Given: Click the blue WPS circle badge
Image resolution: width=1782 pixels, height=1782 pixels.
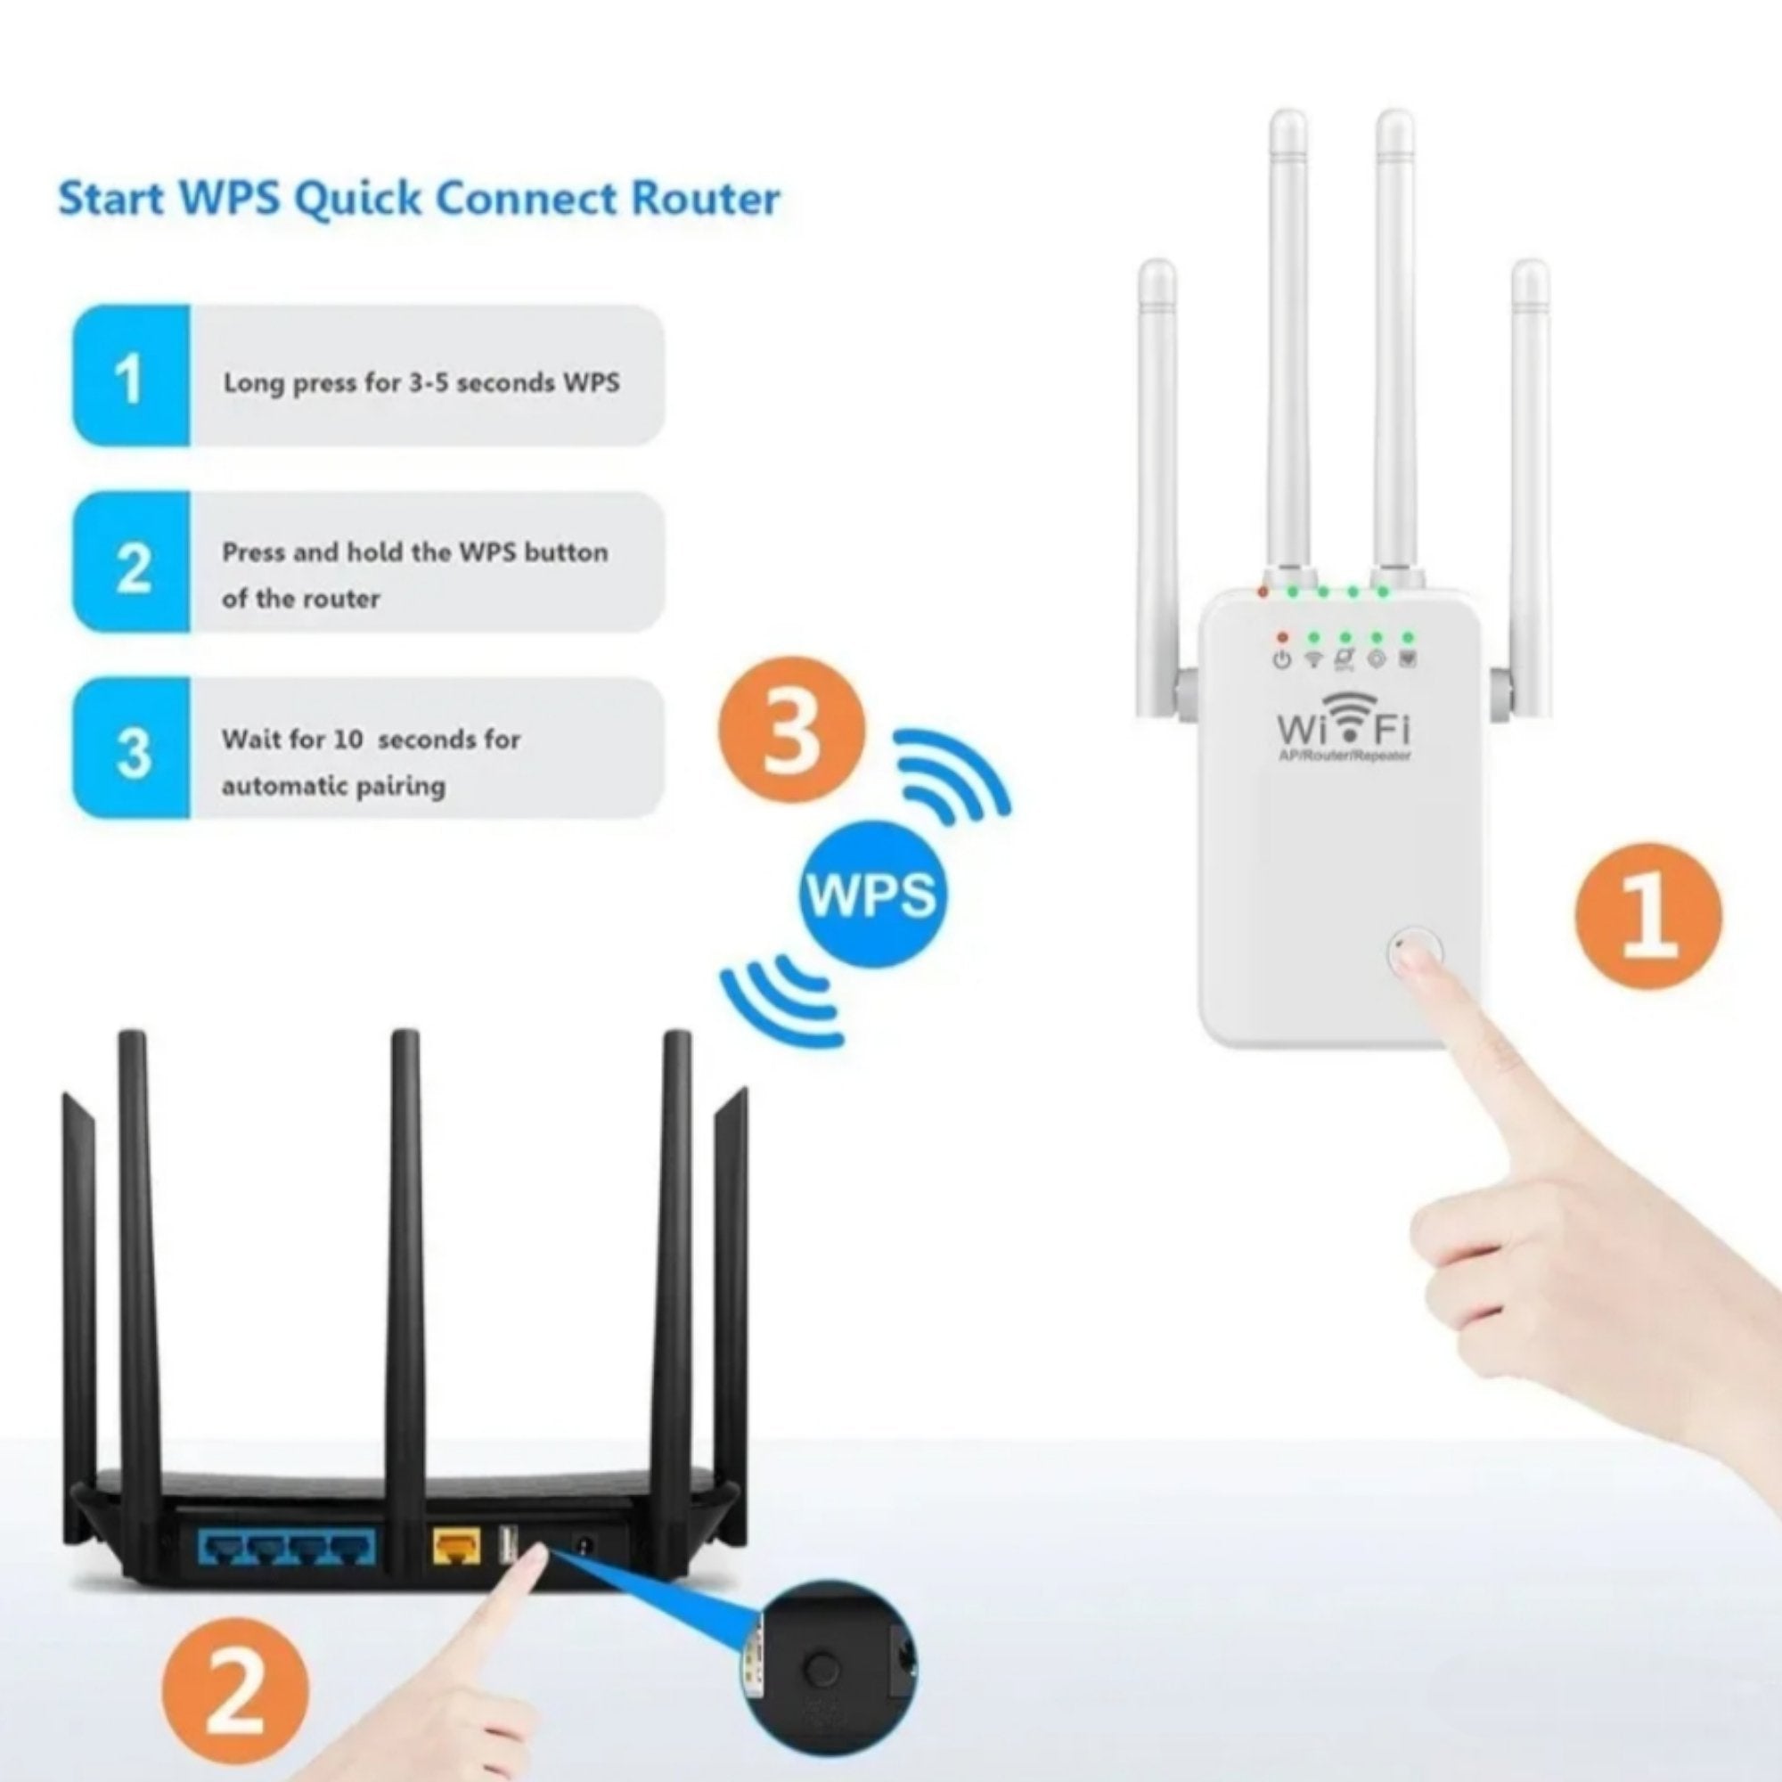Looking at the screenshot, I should (x=871, y=893).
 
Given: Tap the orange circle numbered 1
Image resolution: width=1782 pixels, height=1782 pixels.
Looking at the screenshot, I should (x=1647, y=916).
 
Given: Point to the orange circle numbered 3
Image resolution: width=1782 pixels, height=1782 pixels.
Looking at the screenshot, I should (x=792, y=731).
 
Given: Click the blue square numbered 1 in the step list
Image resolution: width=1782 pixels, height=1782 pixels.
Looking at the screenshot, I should (x=131, y=376).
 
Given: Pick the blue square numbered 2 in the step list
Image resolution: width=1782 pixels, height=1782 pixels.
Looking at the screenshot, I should (x=131, y=562).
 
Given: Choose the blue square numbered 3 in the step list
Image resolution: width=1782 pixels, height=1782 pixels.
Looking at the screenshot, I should (x=131, y=749).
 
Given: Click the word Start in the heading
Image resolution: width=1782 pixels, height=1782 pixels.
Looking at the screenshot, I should (x=111, y=200).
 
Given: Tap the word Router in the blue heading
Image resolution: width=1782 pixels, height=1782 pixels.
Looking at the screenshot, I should (x=705, y=200).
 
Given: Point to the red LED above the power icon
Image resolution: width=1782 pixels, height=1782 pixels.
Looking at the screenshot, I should (x=1281, y=636).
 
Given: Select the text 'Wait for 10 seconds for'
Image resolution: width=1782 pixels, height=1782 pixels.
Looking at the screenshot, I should (x=371, y=740).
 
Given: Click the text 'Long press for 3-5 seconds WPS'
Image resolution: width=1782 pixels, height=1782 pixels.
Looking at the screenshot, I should (x=421, y=383).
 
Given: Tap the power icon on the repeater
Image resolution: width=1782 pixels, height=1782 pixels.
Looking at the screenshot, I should (x=1281, y=659).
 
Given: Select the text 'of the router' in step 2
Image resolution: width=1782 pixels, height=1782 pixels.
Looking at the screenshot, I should (x=300, y=599).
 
